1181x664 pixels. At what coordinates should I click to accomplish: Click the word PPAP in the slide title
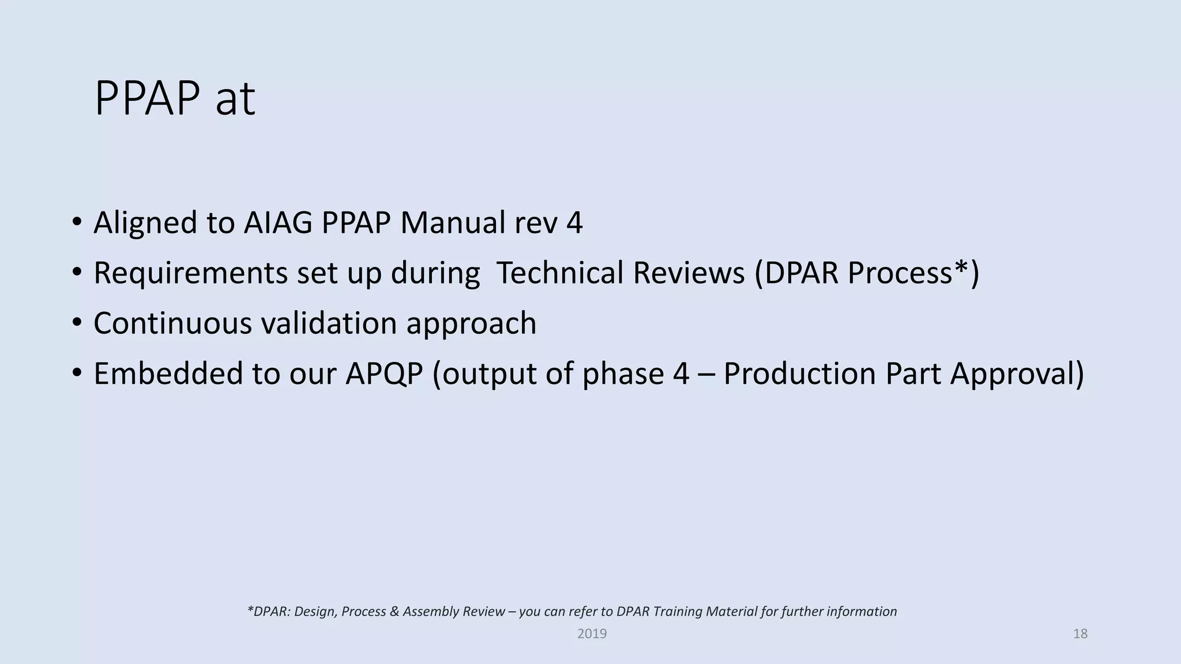(147, 99)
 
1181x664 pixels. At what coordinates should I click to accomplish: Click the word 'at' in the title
(235, 100)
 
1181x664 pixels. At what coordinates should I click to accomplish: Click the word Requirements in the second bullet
(190, 273)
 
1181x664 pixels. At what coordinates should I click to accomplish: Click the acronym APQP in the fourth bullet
(384, 373)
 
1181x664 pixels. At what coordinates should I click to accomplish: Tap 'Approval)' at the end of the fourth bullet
(1017, 375)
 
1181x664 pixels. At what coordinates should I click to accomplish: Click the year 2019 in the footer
(592, 634)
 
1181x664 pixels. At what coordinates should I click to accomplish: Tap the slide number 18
(1080, 634)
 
